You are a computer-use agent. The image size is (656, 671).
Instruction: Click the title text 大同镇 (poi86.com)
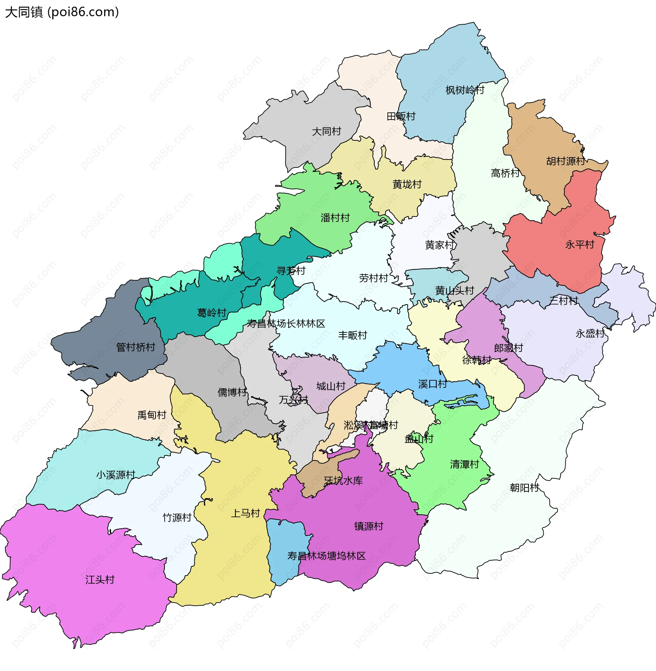pos(62,12)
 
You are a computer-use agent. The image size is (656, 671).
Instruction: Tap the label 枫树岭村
pos(465,90)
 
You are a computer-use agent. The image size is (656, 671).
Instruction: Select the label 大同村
pos(326,132)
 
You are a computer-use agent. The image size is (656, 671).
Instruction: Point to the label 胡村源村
pos(565,161)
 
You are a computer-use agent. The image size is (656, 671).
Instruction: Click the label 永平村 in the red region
pos(579,245)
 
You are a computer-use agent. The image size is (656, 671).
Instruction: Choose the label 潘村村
pos(335,218)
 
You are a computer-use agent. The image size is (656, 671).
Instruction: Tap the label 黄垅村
pos(407,184)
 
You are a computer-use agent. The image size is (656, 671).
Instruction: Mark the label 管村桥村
pos(135,347)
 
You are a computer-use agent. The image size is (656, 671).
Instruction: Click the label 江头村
pos(100,580)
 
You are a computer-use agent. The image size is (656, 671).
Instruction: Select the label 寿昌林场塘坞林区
pos(326,556)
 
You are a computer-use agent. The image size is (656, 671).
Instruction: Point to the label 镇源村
pos(369,526)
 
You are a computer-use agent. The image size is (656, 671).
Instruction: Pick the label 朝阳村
pos(524,488)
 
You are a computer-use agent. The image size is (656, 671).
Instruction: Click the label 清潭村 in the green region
pos(464,464)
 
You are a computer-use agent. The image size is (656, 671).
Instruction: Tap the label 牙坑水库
pos(343,480)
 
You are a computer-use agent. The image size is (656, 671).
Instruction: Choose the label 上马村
pos(245,513)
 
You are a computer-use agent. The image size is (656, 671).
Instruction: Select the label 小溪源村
pos(116,475)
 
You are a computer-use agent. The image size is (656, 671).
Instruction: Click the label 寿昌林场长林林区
pos(286,324)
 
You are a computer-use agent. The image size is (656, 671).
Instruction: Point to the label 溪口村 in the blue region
pos(433,384)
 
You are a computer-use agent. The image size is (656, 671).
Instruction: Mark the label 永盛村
pos(590,333)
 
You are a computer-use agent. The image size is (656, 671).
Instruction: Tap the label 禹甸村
pos(152,415)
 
